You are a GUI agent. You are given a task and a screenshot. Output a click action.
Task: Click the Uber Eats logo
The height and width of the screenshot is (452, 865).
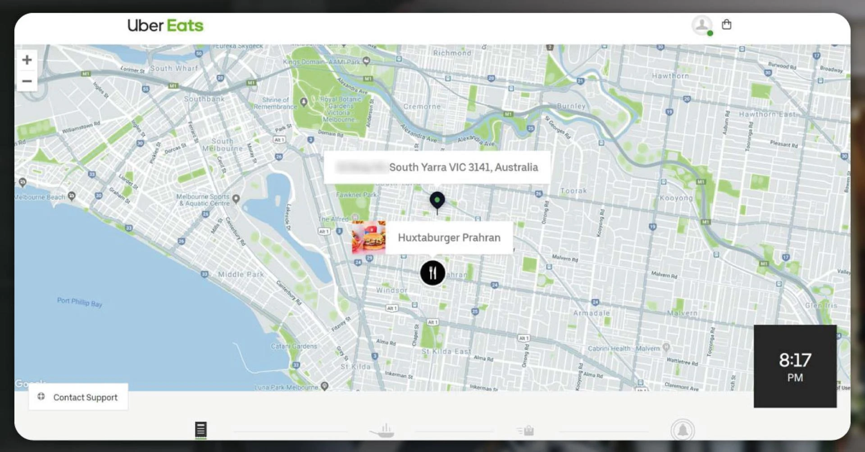[x=165, y=26]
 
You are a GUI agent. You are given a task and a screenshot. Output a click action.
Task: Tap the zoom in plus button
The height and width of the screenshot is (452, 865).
[x=27, y=60]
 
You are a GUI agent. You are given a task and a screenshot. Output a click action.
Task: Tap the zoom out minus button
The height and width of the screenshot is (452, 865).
[x=27, y=81]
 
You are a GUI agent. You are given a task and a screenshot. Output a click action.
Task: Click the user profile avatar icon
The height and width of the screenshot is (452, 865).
[x=701, y=25]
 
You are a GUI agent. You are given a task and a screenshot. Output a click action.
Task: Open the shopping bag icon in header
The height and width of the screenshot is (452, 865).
[x=726, y=25]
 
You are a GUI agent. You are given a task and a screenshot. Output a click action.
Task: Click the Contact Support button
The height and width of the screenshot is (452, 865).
[x=78, y=397]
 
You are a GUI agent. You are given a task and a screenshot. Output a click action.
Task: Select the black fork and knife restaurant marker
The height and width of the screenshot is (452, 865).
[x=432, y=273]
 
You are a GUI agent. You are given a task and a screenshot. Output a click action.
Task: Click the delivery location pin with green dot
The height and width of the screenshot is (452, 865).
[x=437, y=200]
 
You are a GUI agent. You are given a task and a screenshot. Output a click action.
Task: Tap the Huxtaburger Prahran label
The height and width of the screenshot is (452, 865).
[x=449, y=238]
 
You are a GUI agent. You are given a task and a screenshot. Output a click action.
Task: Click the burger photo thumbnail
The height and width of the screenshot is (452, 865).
[x=369, y=238]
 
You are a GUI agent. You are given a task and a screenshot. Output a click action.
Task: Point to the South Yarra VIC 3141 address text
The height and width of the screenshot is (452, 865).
[x=463, y=167]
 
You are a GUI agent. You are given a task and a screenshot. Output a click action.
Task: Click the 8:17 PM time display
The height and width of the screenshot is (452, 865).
[x=795, y=366]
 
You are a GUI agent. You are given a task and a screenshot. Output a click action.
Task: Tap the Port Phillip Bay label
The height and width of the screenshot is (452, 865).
[x=80, y=302]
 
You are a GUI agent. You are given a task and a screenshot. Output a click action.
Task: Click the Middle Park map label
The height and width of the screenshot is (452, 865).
[x=241, y=274]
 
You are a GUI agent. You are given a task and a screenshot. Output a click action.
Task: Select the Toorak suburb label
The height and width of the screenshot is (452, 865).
[x=574, y=191]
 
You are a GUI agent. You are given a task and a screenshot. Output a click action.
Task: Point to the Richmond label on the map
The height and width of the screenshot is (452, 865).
[x=452, y=53]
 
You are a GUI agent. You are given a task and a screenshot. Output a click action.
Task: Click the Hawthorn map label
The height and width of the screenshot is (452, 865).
[x=670, y=76]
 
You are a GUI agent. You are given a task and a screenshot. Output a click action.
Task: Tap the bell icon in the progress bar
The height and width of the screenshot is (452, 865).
[x=683, y=430]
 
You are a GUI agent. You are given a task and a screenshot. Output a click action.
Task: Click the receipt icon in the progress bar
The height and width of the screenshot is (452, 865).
[x=201, y=429]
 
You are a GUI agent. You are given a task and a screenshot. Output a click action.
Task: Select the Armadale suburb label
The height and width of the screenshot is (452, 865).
[x=591, y=313]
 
